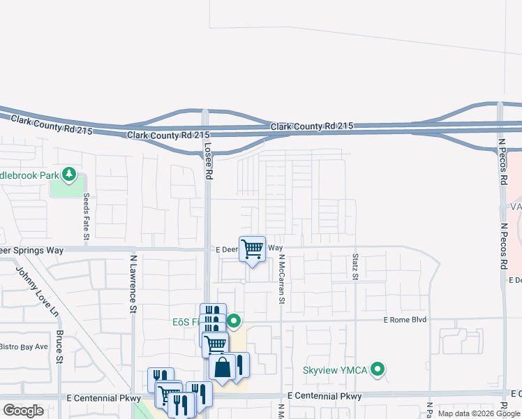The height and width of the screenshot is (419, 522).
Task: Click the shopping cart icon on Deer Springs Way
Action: pyautogui.click(x=252, y=249)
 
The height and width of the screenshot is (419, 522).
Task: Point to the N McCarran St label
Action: pyautogui.click(x=283, y=279)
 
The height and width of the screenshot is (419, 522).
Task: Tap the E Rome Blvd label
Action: pyautogui.click(x=405, y=320)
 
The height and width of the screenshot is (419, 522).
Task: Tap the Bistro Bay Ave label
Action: pyautogui.click(x=23, y=346)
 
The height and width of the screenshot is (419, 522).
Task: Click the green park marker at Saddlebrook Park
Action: pyautogui.click(x=68, y=173)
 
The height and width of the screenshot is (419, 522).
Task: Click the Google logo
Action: pyautogui.click(x=23, y=411)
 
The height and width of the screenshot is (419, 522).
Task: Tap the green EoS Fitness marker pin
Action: pyautogui.click(x=234, y=321)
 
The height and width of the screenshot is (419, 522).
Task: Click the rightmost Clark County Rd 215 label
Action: pyautogui.click(x=312, y=126)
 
